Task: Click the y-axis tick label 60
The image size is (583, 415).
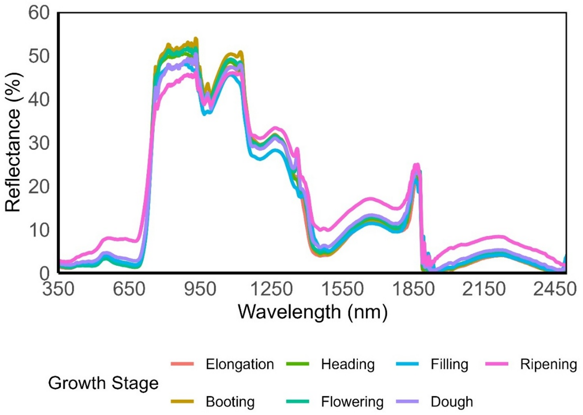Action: click(x=39, y=13)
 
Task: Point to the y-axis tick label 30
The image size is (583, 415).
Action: click(x=39, y=143)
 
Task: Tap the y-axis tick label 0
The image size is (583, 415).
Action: click(x=44, y=273)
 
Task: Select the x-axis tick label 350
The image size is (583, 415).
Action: click(x=58, y=290)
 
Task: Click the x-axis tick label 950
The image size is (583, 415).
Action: click(x=200, y=290)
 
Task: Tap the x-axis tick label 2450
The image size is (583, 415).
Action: click(x=554, y=290)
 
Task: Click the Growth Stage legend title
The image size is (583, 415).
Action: click(x=103, y=383)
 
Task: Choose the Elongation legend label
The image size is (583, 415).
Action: click(x=240, y=364)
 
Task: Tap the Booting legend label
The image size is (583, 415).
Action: click(x=230, y=402)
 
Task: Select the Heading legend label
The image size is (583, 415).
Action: click(x=348, y=364)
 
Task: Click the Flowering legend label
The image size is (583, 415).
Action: click(x=352, y=402)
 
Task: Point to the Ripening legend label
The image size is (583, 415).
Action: click(x=548, y=364)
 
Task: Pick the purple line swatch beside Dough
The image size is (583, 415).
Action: click(x=407, y=402)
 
